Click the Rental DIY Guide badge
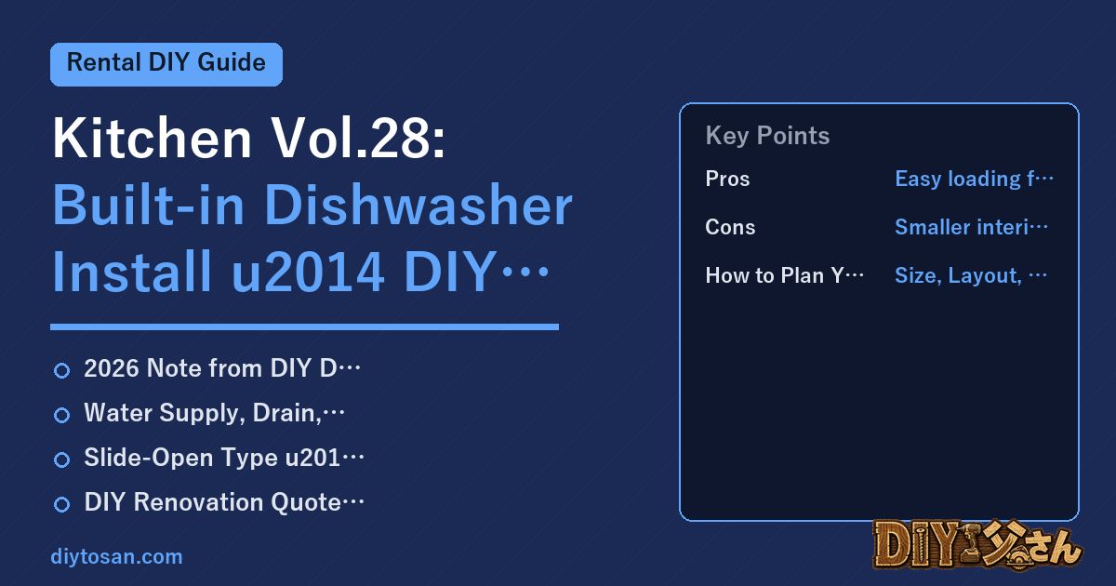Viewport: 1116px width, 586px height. click(166, 64)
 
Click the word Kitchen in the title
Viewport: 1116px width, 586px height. click(152, 138)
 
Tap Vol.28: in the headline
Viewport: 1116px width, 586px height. click(358, 138)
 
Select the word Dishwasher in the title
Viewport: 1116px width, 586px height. click(418, 206)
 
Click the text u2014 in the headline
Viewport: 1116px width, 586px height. click(308, 272)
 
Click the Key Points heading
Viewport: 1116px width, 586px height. click(767, 136)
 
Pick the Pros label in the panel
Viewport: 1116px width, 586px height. click(727, 179)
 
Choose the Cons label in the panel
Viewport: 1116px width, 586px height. click(730, 227)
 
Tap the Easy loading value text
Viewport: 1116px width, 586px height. click(974, 179)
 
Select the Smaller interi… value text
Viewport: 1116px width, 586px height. click(971, 227)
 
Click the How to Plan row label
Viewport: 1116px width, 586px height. click(785, 275)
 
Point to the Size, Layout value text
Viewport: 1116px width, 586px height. click(971, 275)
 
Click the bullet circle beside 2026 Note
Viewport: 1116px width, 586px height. click(61, 370)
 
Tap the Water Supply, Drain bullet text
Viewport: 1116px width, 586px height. click(214, 413)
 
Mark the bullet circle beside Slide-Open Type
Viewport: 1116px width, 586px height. click(61, 459)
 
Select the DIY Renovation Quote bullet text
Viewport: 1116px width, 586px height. click(224, 502)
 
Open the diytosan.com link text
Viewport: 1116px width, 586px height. click(116, 556)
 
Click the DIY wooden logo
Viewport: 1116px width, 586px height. click(977, 545)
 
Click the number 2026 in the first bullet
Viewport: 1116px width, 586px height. click(112, 368)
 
